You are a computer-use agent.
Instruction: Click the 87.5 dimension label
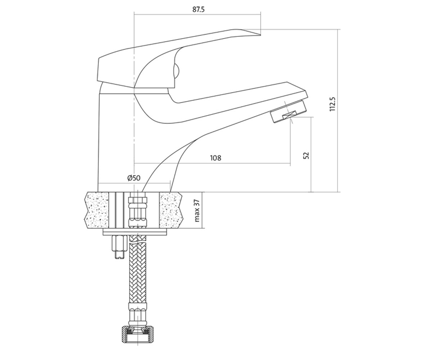(198, 9)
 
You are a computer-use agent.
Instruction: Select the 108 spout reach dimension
(216, 158)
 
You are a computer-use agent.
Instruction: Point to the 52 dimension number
(306, 156)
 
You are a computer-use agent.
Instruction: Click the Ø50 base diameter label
(134, 178)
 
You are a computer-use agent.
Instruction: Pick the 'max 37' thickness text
(197, 210)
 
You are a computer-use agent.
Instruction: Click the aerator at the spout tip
(289, 111)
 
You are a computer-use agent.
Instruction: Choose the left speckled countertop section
(96, 210)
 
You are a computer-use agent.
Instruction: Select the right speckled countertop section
(171, 210)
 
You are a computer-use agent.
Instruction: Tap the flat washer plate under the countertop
(135, 232)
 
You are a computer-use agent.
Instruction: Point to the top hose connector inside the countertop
(138, 212)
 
